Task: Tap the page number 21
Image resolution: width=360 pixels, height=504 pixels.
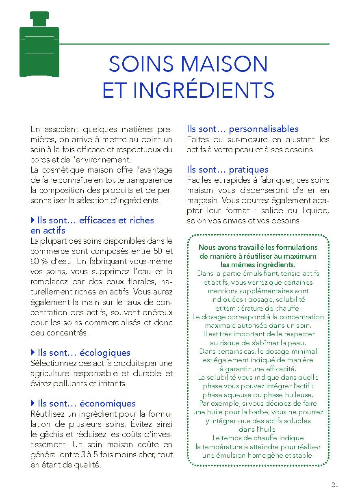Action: (335, 485)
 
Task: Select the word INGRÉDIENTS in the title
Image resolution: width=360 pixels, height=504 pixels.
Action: (204, 91)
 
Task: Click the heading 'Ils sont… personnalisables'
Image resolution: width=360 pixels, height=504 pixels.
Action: (243, 129)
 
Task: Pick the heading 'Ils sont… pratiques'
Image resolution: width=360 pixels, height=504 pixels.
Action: (228, 170)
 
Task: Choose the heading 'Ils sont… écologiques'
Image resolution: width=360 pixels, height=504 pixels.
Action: (84, 353)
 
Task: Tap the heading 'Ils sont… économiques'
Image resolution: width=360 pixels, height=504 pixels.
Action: (86, 403)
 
